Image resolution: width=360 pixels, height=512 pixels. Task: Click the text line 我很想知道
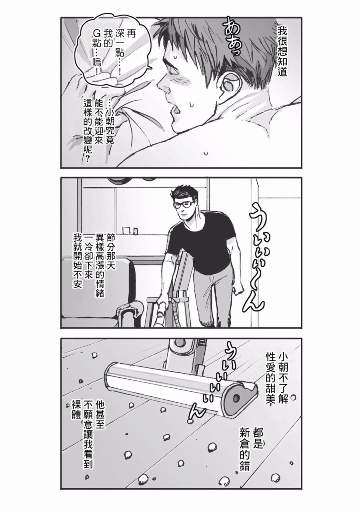point(282,51)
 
